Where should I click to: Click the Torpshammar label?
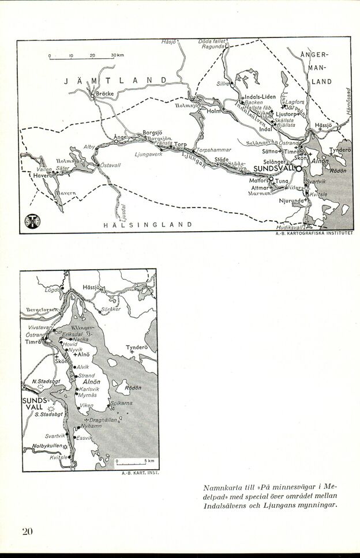pos(214,150)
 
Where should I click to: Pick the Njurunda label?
pos(291,201)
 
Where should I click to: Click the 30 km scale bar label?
pos(118,55)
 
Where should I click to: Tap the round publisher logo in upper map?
pos(29,222)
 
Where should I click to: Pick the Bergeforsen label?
pos(42,310)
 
